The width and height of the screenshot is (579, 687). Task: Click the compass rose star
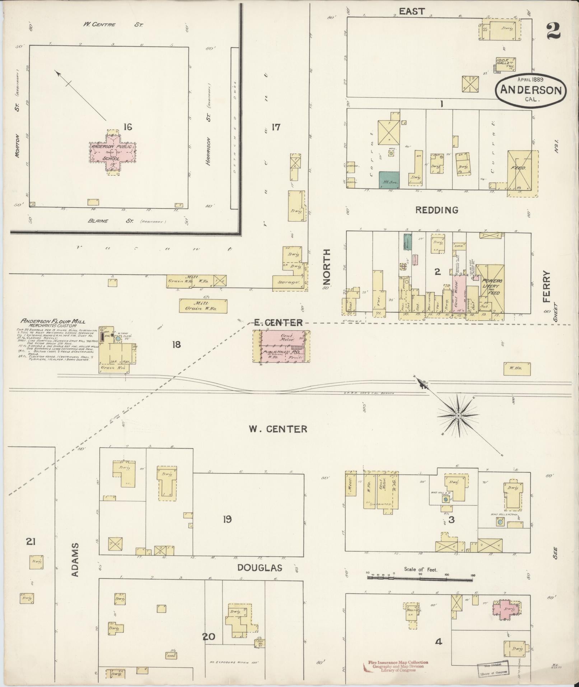[458, 416]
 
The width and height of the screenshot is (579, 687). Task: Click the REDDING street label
[436, 210]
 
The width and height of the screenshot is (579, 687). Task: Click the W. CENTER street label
[278, 429]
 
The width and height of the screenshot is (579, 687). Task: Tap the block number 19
[227, 519]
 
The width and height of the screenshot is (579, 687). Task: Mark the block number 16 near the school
[127, 127]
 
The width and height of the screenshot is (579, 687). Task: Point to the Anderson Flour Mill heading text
[53, 321]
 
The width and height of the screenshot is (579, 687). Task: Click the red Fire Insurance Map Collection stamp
[398, 666]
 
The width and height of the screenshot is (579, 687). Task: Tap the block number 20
[209, 637]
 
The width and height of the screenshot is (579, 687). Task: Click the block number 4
[438, 641]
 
